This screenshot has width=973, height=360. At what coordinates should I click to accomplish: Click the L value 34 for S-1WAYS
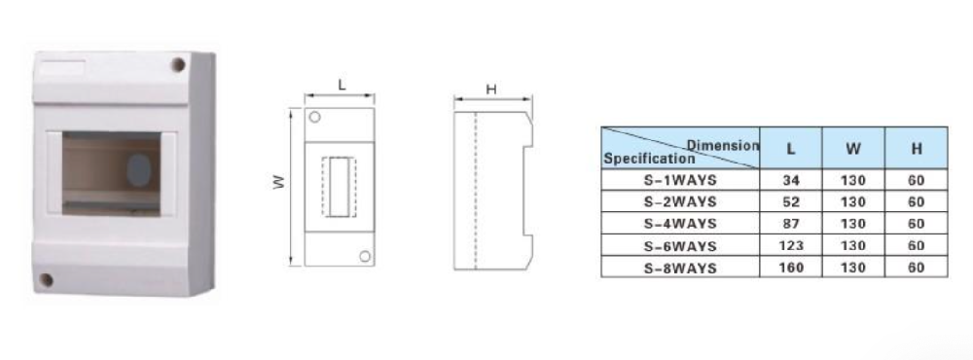coord(790,181)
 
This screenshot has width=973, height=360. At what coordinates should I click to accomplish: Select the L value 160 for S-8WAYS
coord(790,268)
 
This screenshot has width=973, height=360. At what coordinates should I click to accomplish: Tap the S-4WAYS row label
coord(680,224)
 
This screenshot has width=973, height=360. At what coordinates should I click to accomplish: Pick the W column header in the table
coord(853,149)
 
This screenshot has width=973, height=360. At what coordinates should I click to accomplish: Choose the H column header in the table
coord(917,149)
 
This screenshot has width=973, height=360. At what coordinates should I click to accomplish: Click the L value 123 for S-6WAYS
coord(790,246)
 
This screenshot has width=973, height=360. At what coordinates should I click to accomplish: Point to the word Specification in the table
coord(649,159)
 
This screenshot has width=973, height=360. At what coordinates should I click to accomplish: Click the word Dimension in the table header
coord(723,146)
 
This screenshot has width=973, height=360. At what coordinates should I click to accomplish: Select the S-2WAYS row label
coord(680,201)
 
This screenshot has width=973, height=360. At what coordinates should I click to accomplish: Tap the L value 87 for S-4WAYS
coord(790,224)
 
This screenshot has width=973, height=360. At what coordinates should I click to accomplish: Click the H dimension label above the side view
coord(491,90)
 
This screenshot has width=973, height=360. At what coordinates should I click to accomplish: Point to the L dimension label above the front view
coord(342,86)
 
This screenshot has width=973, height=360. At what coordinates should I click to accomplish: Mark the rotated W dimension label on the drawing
coord(280,182)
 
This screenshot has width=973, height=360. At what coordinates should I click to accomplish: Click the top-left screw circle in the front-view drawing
coord(314,117)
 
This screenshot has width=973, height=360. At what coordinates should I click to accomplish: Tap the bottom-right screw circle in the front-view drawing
coord(365,256)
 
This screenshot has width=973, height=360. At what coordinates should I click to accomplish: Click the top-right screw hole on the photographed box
coord(178,64)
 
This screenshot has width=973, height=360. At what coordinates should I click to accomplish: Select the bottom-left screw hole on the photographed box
coord(46,280)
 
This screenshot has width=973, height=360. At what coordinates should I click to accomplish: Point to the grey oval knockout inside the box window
coord(139,170)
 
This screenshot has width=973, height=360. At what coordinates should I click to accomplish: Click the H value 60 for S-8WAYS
coord(916,268)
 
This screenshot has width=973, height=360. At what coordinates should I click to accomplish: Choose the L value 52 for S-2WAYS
coord(790,201)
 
